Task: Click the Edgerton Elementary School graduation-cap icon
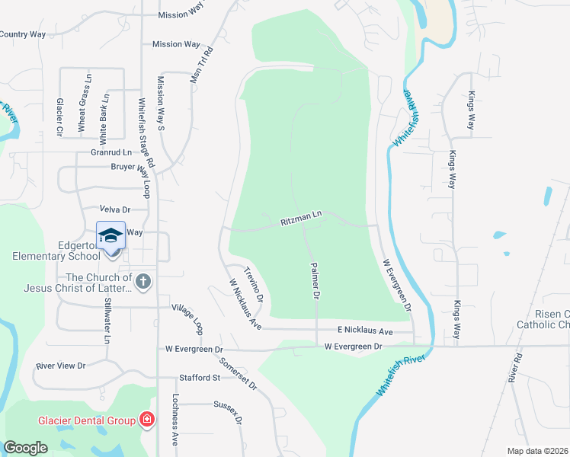coord(110,235)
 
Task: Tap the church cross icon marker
coord(143,282)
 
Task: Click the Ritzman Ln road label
coord(303,218)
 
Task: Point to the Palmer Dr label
coord(313,280)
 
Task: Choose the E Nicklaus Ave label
coord(365,331)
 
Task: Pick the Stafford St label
coord(199,377)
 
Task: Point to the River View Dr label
coord(60,366)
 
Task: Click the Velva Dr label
coord(116,209)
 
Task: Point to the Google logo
coord(25,448)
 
